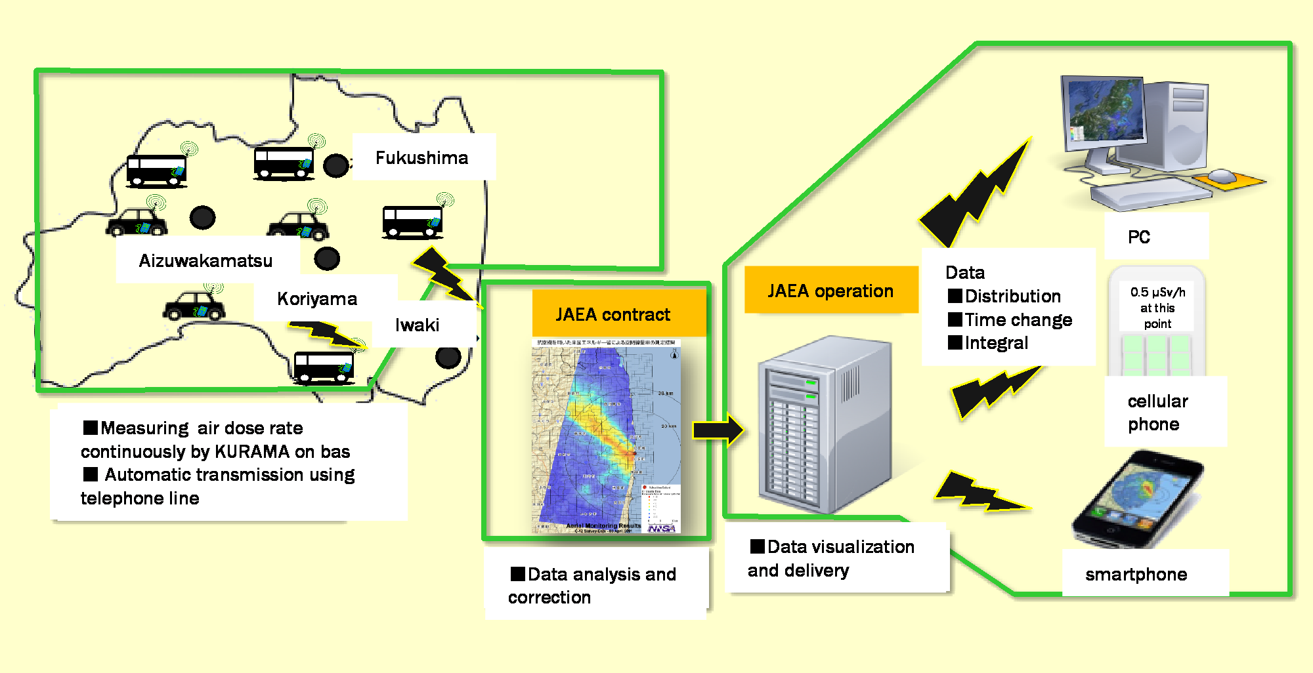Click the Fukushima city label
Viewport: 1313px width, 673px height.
[x=421, y=158]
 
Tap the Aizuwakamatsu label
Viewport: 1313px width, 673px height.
[x=205, y=261]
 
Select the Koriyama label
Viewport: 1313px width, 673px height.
[x=317, y=299]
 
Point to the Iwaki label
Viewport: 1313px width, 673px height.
[x=417, y=325]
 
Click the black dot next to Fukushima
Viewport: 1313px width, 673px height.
[x=335, y=166]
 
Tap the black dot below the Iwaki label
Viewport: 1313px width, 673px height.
[x=448, y=357]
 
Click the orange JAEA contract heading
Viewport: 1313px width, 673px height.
[x=613, y=315]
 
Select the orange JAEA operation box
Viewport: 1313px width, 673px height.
[x=830, y=291]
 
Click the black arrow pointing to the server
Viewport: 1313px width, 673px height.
[x=718, y=430]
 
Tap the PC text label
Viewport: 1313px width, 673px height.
[x=1139, y=237]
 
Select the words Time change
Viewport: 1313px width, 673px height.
[x=1018, y=320]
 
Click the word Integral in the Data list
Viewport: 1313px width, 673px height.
[x=997, y=343]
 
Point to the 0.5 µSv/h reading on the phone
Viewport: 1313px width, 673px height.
[x=1157, y=293]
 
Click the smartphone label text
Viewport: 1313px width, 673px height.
[x=1136, y=575]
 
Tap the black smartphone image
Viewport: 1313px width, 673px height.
[x=1138, y=500]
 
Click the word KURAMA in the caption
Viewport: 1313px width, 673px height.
[x=252, y=452]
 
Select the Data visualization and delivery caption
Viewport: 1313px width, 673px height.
[x=831, y=559]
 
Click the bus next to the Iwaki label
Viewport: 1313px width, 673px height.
[x=324, y=367]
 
